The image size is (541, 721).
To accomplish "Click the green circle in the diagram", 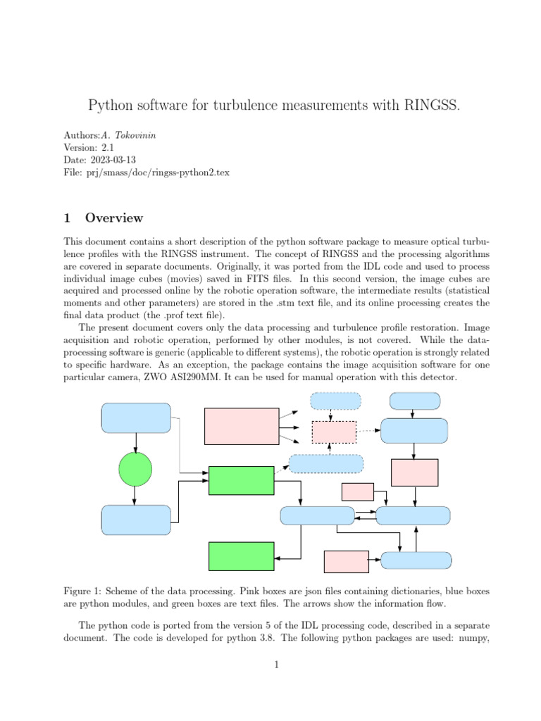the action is click(x=135, y=469).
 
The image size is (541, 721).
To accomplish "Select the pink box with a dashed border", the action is click(x=333, y=432).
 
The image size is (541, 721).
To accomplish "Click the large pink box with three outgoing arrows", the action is click(x=241, y=426).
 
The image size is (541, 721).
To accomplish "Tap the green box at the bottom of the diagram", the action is click(x=241, y=556).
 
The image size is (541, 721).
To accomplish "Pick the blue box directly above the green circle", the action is click(x=136, y=418).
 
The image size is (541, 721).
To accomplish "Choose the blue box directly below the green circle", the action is click(x=136, y=520).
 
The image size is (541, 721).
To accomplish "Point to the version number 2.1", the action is click(x=106, y=148).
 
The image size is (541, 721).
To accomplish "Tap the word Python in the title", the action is click(x=110, y=106).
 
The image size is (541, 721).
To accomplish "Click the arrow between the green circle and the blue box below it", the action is click(x=135, y=496).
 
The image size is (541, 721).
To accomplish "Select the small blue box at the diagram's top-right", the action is click(x=415, y=401).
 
